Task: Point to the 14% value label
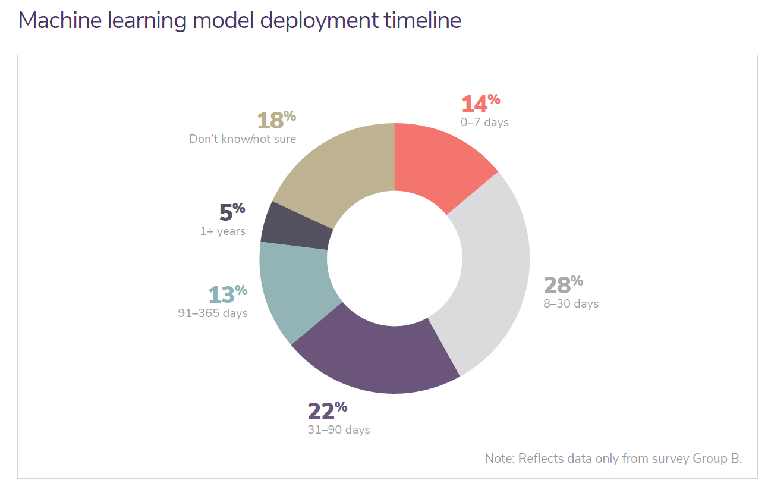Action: click(482, 104)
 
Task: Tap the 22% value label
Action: click(327, 411)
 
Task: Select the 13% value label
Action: click(228, 294)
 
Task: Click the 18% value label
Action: click(276, 120)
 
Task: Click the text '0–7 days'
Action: click(484, 123)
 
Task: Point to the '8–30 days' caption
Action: click(571, 304)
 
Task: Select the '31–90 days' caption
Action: click(339, 429)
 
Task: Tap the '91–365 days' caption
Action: click(213, 313)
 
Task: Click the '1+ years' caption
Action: click(222, 231)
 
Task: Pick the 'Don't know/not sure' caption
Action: click(243, 139)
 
